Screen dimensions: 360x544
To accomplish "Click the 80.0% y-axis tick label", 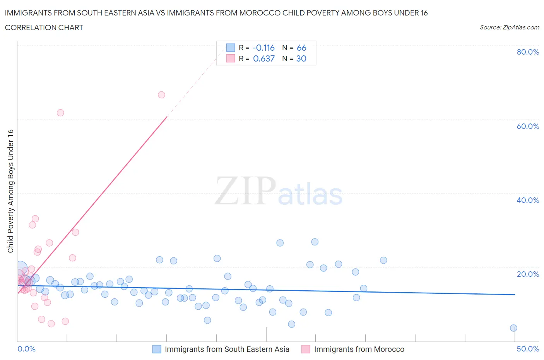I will click(x=528, y=52).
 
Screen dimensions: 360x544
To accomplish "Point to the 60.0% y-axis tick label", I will click(x=528, y=126).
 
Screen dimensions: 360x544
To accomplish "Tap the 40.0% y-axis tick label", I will click(x=528, y=200).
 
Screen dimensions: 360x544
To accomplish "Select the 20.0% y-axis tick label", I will click(x=528, y=274).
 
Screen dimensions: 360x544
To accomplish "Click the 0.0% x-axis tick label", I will click(x=26, y=349).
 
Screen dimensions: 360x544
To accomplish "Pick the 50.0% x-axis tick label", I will click(x=528, y=349).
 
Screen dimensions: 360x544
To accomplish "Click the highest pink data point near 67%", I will click(x=161, y=95).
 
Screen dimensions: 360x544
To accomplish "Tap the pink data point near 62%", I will click(x=60, y=113).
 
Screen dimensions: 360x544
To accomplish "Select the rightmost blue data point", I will click(x=513, y=328).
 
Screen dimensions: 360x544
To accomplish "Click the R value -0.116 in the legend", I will click(x=263, y=48).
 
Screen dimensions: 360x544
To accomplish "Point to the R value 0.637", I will click(x=263, y=58).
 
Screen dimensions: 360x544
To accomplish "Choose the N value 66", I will click(x=301, y=48).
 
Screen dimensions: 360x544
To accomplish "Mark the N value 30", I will click(x=301, y=58).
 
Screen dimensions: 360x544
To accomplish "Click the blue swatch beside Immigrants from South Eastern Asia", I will click(x=157, y=349).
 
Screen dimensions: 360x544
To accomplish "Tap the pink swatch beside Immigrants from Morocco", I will click(x=306, y=349).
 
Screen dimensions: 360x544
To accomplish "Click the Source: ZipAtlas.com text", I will click(x=509, y=27).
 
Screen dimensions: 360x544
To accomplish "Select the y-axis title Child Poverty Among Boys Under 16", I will click(x=10, y=191).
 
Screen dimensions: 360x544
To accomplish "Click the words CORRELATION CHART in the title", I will click(x=44, y=27).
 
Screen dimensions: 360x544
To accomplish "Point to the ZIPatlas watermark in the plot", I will click(x=279, y=191).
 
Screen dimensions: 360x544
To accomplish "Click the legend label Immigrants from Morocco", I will click(x=359, y=349).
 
